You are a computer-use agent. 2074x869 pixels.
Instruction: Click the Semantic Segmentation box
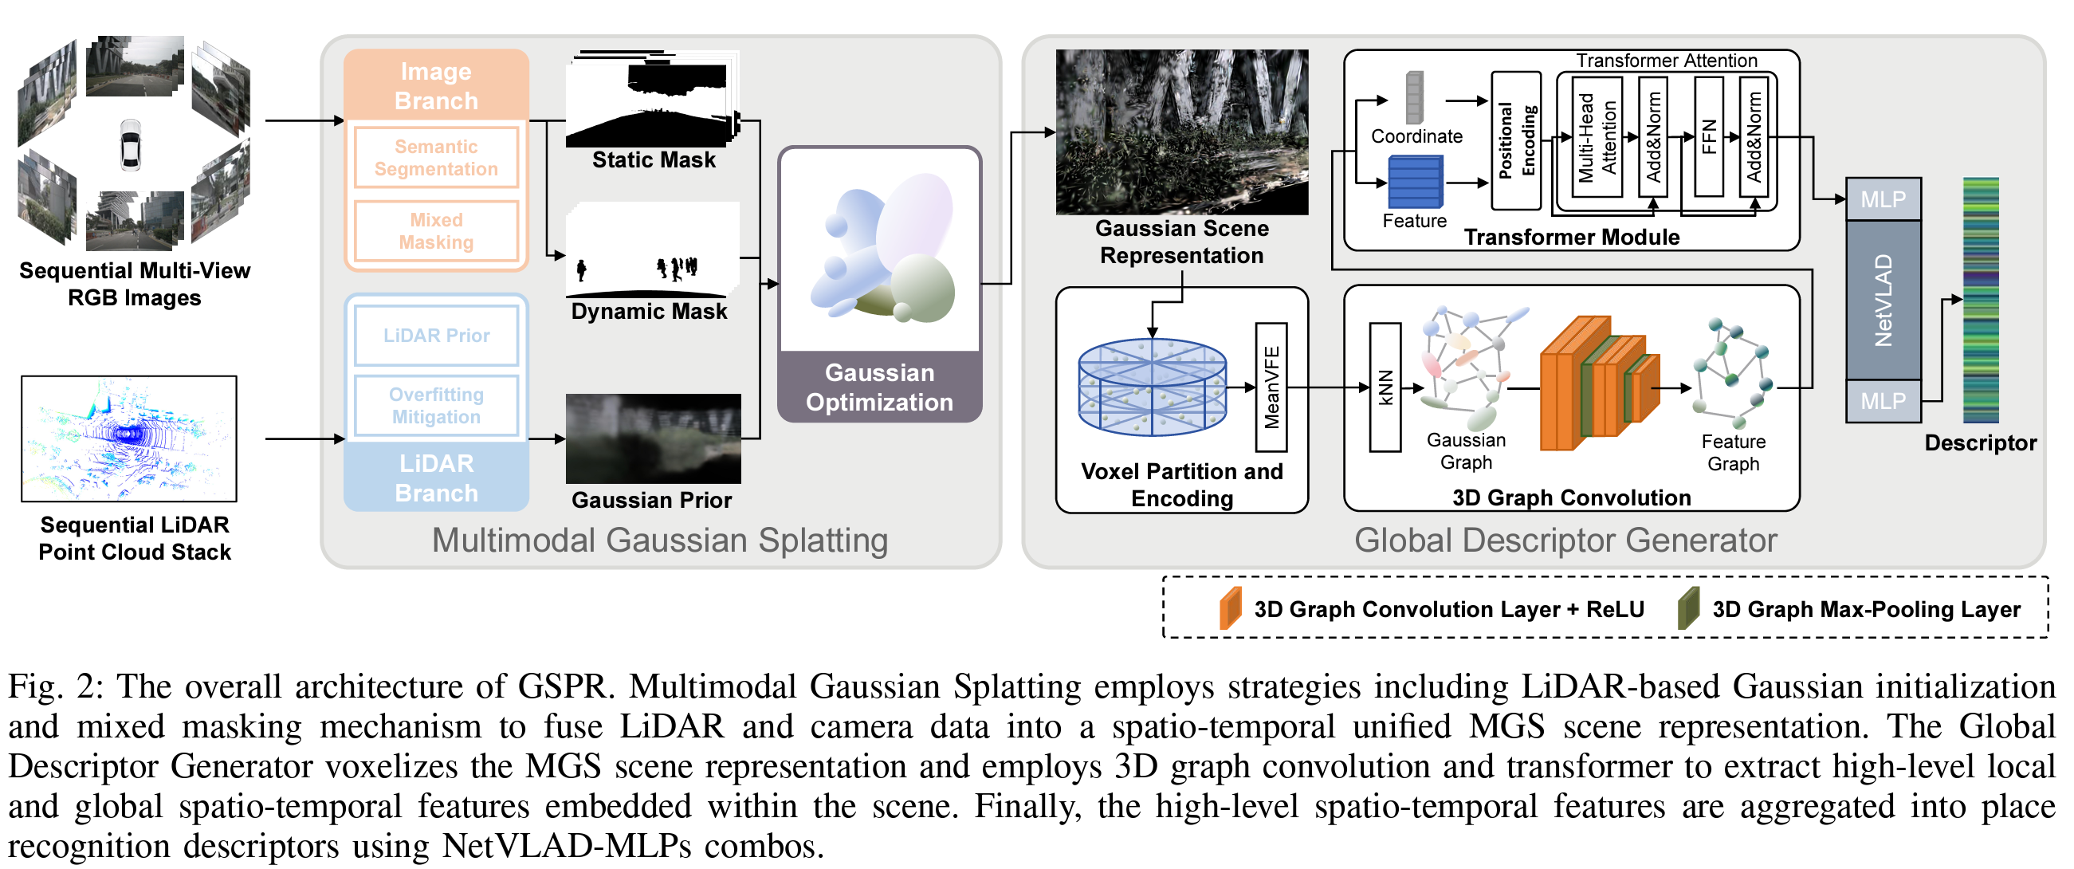[x=435, y=157]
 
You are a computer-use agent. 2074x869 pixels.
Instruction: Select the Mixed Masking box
[x=435, y=230]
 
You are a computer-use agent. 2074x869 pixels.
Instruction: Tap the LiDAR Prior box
[x=435, y=335]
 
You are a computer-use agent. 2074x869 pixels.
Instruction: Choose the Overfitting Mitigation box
[x=435, y=405]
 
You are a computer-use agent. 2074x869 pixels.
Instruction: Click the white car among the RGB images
[x=131, y=144]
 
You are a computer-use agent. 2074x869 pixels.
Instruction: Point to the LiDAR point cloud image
[x=129, y=438]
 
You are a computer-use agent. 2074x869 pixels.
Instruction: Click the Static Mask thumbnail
[x=652, y=101]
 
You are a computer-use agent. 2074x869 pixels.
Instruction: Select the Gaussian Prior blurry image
[x=653, y=438]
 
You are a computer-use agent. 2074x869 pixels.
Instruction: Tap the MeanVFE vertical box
[x=1271, y=387]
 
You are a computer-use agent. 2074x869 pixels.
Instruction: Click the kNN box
[x=1385, y=387]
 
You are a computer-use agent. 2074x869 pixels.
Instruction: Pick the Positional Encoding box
[x=1515, y=140]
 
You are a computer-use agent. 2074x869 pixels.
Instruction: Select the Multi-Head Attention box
[x=1597, y=137]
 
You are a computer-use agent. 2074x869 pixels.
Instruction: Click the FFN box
[x=1708, y=137]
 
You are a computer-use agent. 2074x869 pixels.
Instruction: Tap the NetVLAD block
[x=1883, y=300]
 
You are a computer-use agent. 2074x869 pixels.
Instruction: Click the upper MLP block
[x=1883, y=199]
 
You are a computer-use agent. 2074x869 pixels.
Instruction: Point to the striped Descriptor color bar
[x=1980, y=300]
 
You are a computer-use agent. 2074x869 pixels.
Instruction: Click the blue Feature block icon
[x=1415, y=182]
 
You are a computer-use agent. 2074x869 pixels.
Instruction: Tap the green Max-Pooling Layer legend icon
[x=1687, y=608]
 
